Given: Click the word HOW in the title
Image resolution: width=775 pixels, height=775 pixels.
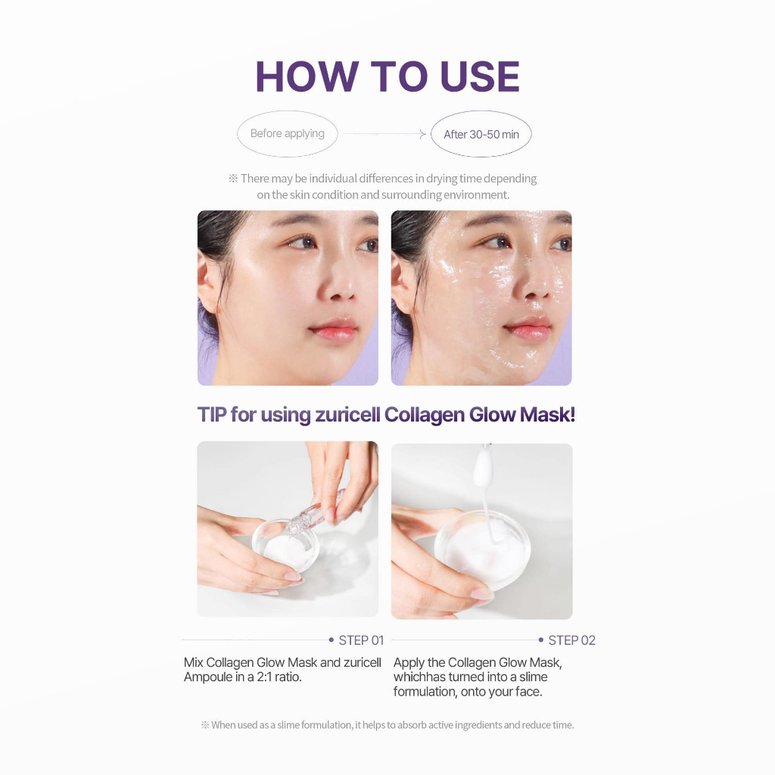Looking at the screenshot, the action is click(x=307, y=76).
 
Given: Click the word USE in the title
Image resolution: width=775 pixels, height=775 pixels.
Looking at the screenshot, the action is click(x=479, y=76).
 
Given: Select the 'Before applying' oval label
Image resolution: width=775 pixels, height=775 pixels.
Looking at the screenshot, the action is click(x=287, y=133).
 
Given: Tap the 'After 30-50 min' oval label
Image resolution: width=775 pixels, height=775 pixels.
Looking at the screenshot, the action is click(x=481, y=134).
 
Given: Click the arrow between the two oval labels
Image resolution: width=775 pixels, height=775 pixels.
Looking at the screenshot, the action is click(x=384, y=134).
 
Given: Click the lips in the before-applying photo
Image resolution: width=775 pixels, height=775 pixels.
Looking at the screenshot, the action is click(x=334, y=330).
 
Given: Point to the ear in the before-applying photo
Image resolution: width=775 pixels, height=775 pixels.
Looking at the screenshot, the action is click(x=207, y=285).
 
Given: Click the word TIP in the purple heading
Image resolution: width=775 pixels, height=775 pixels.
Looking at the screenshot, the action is click(x=212, y=415).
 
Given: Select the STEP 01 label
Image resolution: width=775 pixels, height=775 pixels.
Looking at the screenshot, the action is click(x=361, y=640).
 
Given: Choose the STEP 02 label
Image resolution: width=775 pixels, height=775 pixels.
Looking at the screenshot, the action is click(x=572, y=640).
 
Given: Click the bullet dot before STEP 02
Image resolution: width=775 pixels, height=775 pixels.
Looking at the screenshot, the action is click(x=540, y=640).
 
